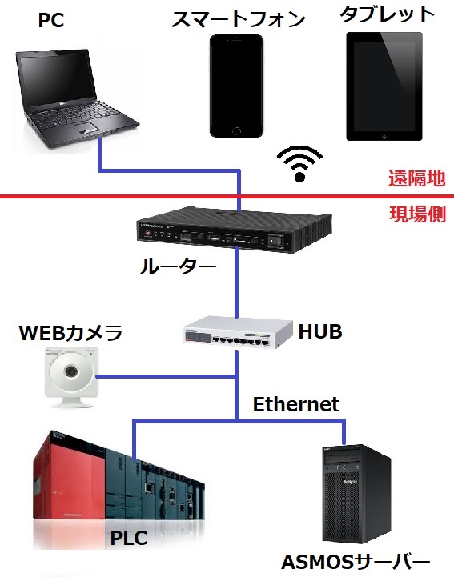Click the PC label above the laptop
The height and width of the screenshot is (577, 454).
coord(51,20)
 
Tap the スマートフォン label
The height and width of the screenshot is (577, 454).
coord(239,19)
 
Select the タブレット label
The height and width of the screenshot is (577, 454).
coord(388,14)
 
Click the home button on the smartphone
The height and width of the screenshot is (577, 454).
coord(236,130)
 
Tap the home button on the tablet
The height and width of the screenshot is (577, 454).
coord(384,135)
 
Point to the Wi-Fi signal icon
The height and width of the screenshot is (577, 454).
coord(299,163)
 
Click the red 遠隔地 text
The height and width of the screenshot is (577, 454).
coord(417,178)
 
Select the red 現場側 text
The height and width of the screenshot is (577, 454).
coord(417,214)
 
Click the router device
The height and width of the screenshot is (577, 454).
coord(234,229)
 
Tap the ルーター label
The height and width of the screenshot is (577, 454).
coord(178,266)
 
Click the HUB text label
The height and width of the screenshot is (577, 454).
coord(320,331)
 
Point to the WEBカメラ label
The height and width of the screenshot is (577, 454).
coord(70,332)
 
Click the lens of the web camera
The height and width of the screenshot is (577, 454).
coord(70,371)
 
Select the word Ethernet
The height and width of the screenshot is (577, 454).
coord(295,404)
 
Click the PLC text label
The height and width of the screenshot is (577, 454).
coord(128,539)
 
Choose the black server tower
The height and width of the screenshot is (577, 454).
coord(356,493)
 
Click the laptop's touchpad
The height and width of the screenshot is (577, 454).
coord(86,130)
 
